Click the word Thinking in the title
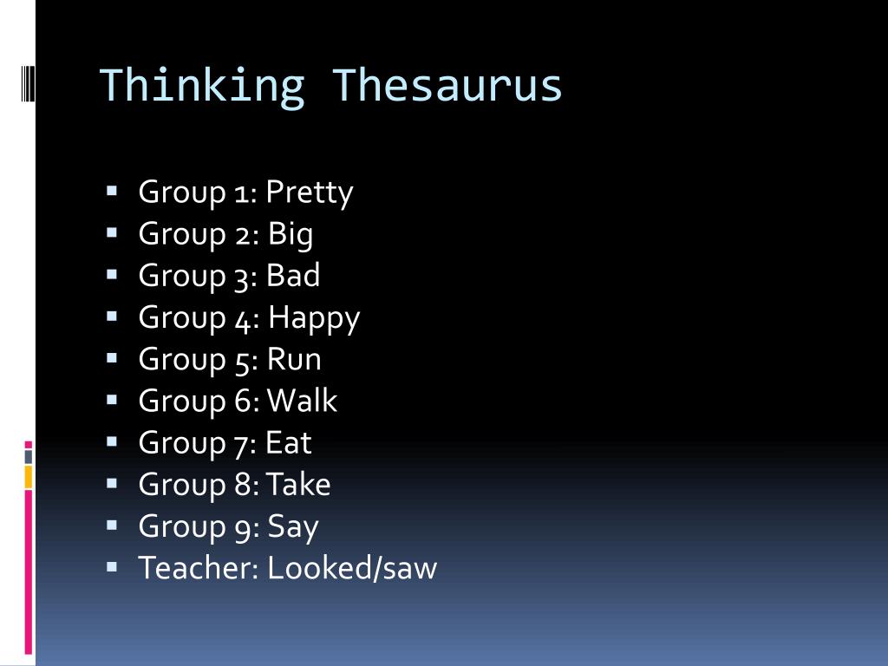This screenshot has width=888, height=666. [201, 86]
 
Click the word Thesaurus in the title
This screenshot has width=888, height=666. [447, 86]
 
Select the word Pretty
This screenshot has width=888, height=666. [310, 193]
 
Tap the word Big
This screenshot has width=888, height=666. [290, 234]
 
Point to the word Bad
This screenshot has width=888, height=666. [293, 276]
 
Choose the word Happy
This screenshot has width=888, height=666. [313, 318]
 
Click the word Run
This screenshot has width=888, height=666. [294, 359]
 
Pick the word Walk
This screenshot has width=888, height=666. [302, 401]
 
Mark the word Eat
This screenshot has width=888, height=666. [288, 442]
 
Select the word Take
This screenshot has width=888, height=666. [298, 484]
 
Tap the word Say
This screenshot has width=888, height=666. [293, 526]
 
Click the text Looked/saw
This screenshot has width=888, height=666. [352, 568]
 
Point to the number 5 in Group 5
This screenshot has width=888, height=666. [242, 360]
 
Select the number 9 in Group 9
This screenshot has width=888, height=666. [243, 527]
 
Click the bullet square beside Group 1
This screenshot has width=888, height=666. [113, 191]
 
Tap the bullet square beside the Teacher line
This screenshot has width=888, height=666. [113, 567]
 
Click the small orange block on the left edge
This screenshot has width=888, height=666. [29, 476]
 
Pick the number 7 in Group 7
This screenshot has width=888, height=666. [242, 443]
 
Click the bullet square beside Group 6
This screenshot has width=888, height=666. [113, 400]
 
